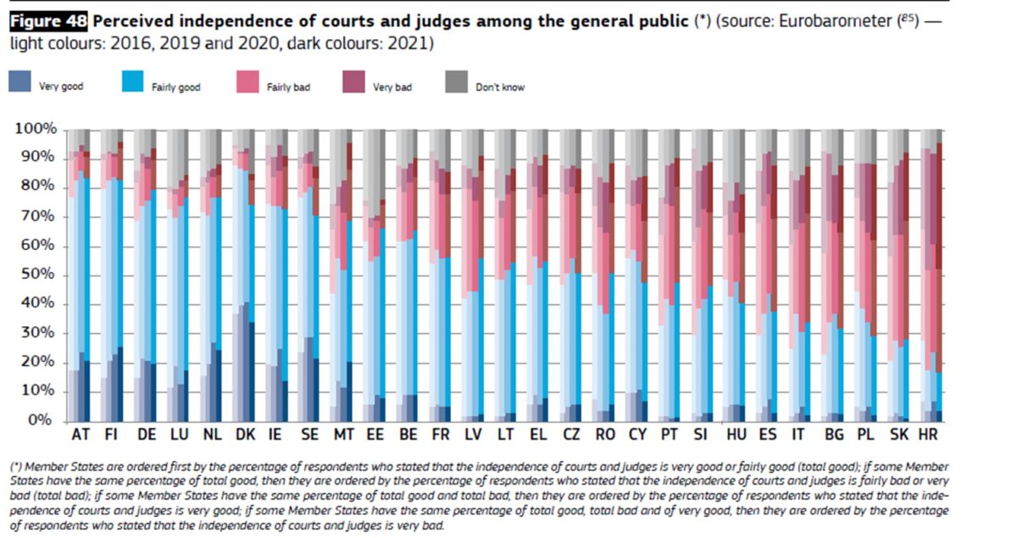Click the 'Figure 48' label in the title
pyautogui.click(x=47, y=21)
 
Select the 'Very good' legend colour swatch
pyautogui.click(x=20, y=82)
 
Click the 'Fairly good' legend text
pyautogui.click(x=176, y=87)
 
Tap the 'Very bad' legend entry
pyautogui.click(x=392, y=87)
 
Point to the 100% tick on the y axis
pyautogui.click(x=36, y=129)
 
